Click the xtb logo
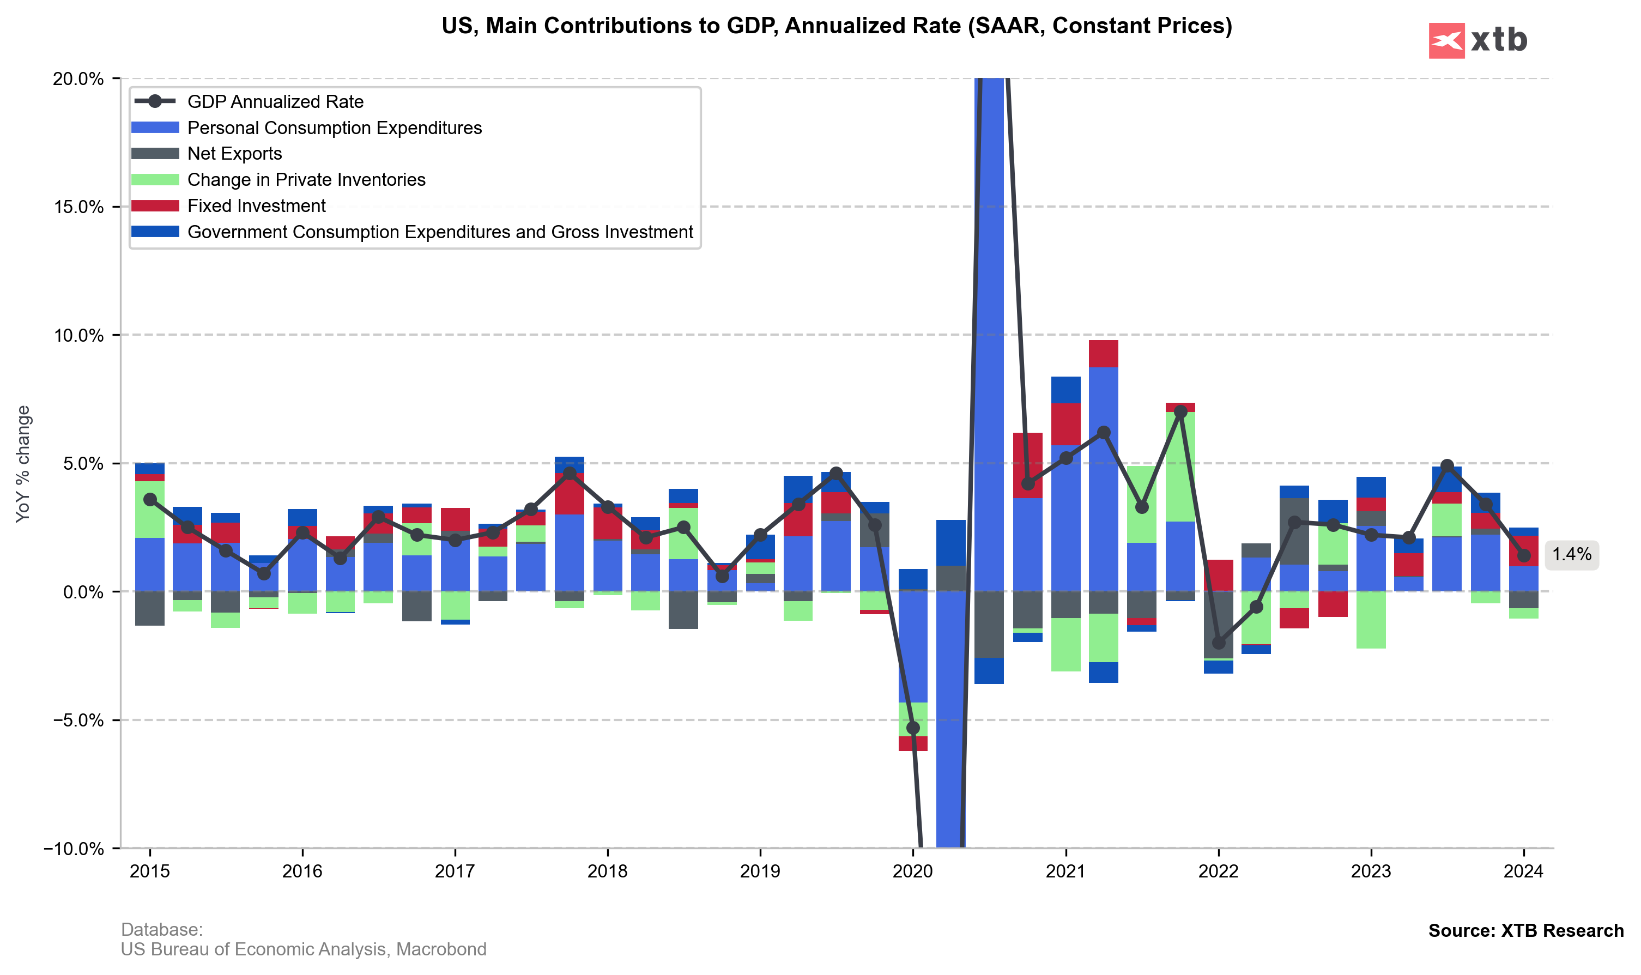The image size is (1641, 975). point(1477,41)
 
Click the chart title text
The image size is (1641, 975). point(836,26)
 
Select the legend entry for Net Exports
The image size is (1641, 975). point(234,154)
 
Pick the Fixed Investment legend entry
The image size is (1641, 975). point(256,207)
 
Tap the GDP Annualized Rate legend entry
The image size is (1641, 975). point(275,102)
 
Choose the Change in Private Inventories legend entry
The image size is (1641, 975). point(306,180)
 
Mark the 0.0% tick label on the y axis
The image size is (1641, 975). point(83,592)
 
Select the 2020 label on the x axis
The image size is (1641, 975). point(912,872)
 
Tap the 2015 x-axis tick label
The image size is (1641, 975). point(150,872)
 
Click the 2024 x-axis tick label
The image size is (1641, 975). point(1523,872)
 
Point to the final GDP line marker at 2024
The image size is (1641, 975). point(1524,556)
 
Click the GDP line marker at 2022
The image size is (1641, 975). point(1219,643)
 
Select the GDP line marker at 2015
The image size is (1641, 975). point(150,499)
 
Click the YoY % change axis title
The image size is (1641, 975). point(23,464)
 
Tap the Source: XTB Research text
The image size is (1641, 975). point(1525,931)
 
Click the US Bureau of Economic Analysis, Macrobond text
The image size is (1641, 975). point(304,949)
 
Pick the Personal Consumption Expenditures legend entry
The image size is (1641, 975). point(335,128)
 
